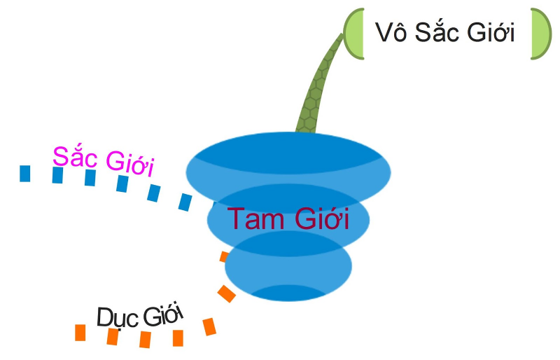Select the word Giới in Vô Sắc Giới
point(491,32)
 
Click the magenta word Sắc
point(74,155)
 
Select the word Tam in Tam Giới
point(251,220)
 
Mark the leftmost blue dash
point(25,173)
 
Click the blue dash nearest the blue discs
point(185,202)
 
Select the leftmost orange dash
point(80,332)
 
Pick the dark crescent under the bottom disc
point(288,293)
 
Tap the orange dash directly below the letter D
point(112,337)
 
